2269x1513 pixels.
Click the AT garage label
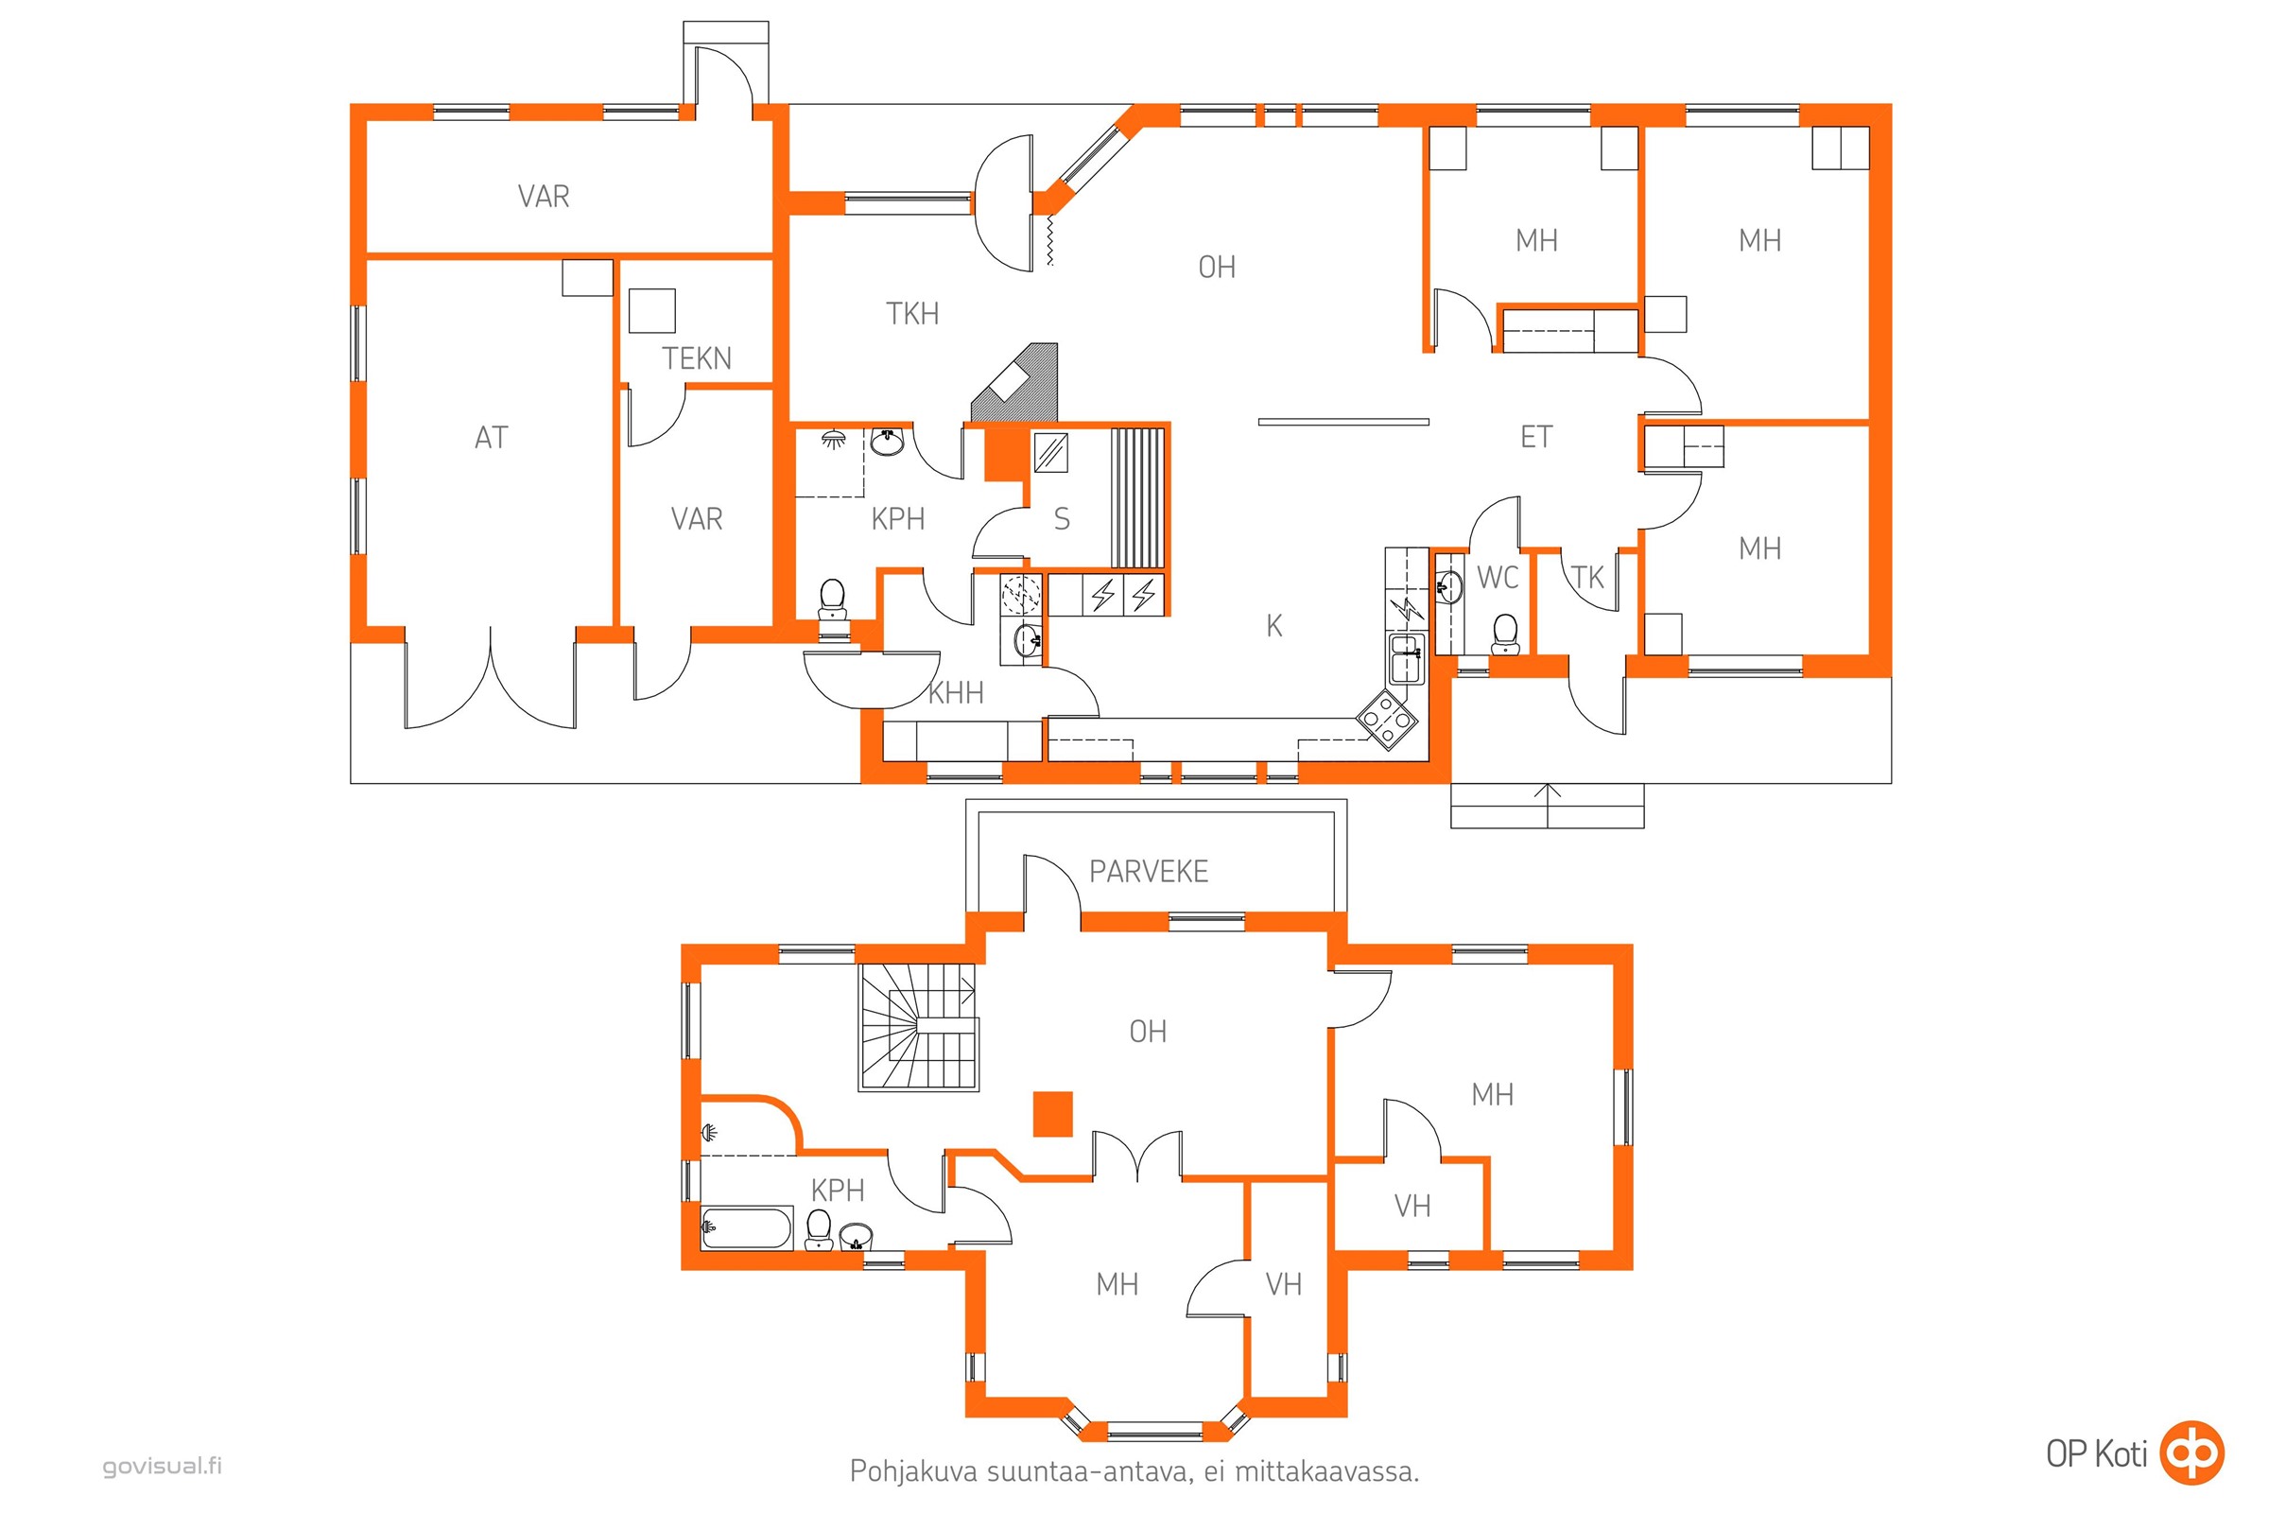[x=491, y=438]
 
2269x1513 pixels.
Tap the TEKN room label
[x=697, y=359]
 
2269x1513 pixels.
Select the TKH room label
[x=912, y=314]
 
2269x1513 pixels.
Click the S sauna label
[x=1062, y=519]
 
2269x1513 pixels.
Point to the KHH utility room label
[x=956, y=693]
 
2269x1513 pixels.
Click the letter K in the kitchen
[x=1274, y=626]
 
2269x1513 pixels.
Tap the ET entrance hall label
[x=1537, y=437]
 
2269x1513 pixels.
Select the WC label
[x=1498, y=578]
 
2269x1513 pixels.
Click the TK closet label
[x=1587, y=578]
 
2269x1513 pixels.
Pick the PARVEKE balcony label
[x=1148, y=872]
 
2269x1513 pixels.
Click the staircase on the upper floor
[x=918, y=1027]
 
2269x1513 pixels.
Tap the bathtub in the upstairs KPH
[x=747, y=1227]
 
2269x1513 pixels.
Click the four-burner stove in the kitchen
[x=1387, y=718]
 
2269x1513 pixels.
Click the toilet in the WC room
[x=1505, y=634]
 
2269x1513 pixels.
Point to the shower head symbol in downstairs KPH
[x=832, y=440]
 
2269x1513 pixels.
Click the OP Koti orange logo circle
[x=2191, y=1452]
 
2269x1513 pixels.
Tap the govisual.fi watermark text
[x=162, y=1466]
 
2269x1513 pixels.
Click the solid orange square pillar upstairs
[x=1053, y=1114]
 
